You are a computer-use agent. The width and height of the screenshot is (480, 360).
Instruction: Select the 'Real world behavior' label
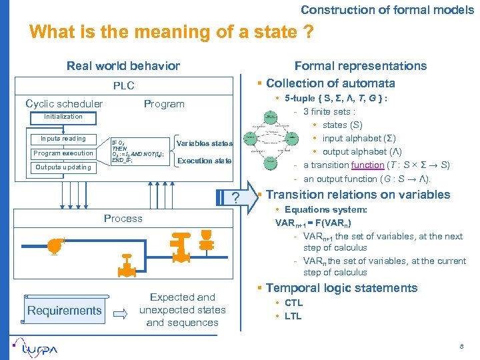pos(123,65)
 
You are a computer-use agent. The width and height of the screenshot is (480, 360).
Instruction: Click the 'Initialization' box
pos(63,117)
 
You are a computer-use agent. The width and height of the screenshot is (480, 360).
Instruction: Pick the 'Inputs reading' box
pos(63,139)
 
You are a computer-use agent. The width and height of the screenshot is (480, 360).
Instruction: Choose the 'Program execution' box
pos(63,153)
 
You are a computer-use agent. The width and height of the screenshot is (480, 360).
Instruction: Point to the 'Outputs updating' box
pos(63,167)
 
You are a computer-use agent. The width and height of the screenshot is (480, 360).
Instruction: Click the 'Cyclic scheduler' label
pos(64,103)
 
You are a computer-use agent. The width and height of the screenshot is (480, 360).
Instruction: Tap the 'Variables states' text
pos(204,143)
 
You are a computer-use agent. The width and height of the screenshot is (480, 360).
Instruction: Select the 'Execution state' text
pos(205,161)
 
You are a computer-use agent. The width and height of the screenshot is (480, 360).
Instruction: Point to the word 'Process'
pos(123,218)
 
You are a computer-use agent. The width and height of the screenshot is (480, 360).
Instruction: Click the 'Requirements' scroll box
pos(65,310)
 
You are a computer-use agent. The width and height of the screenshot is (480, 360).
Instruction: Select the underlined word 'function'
pos(367,165)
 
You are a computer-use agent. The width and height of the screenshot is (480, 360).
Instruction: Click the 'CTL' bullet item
pos(293,303)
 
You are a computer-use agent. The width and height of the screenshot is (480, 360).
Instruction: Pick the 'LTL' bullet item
pos(293,316)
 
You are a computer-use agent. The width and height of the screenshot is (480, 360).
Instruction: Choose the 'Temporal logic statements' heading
pos(341,288)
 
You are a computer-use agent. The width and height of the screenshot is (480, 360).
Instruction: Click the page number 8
pos(461,347)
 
